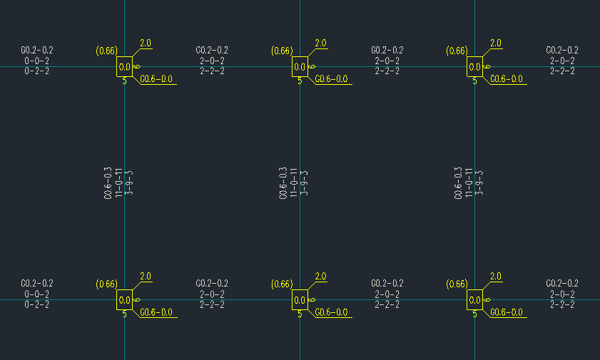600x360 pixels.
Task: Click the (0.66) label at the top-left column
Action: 106,51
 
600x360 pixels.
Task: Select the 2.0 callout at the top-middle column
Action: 320,43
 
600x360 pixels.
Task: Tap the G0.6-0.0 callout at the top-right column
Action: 507,79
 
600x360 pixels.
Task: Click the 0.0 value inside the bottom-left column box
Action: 124,300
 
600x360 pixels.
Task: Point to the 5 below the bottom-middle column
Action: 300,314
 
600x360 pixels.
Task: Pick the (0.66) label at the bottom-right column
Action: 457,284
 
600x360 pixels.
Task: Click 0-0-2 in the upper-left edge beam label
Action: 37,61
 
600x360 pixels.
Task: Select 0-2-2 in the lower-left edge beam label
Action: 37,304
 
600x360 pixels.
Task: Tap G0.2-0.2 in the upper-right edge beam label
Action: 562,51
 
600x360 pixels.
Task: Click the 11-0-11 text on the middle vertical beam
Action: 294,183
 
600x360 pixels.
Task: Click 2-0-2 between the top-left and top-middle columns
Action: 212,61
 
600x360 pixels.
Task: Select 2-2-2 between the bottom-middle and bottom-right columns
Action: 387,304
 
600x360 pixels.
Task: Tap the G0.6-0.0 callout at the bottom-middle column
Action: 332,312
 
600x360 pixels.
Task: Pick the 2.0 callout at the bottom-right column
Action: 495,277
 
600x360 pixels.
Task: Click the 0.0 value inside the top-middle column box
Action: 300,68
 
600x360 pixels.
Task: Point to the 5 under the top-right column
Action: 474,81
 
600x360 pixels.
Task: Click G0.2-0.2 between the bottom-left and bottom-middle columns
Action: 212,284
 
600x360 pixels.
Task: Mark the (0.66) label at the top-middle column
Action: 282,51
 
